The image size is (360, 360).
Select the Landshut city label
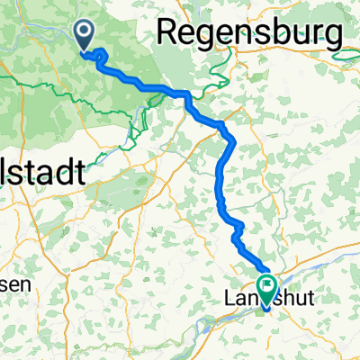(x=266, y=301)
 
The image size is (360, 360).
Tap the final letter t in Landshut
(x=311, y=301)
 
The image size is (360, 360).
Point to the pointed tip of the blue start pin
(x=85, y=49)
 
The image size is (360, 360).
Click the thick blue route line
(x=220, y=171)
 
